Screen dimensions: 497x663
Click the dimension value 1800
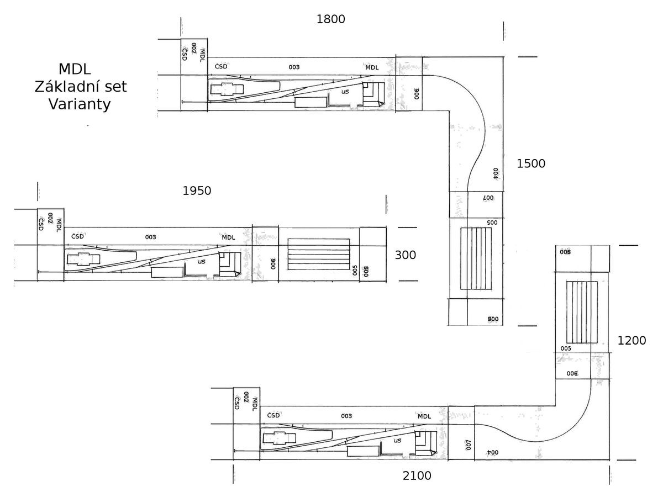pos(330,19)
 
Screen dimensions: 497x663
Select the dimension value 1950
pos(197,191)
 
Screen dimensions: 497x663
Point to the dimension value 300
pos(406,255)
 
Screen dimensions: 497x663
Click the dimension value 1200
pos(632,341)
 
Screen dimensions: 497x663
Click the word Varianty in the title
pos(80,104)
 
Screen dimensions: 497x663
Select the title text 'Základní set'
pos(81,87)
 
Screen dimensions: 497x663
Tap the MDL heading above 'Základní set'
pos(75,69)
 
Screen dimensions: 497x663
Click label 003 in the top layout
pos(294,67)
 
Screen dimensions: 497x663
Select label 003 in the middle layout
pos(150,237)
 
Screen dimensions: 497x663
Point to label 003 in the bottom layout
pos(346,416)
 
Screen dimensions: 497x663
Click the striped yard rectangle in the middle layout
pos(318,254)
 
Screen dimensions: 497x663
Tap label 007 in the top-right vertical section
pos(487,197)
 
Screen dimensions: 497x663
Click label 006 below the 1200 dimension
pos(572,374)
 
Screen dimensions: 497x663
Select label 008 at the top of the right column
pos(565,252)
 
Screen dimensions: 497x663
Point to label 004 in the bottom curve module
pos(492,452)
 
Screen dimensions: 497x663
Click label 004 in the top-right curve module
pos(496,173)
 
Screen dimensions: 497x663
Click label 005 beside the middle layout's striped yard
pos(355,270)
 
